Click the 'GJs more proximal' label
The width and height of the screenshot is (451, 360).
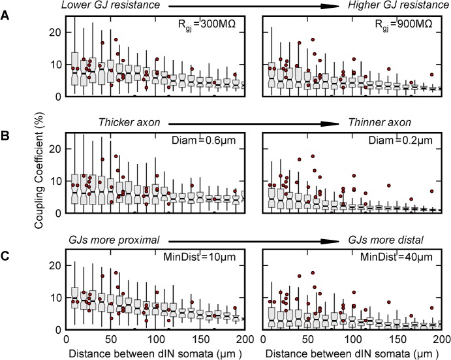(110, 240)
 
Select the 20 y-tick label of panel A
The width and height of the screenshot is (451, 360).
(56, 31)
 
